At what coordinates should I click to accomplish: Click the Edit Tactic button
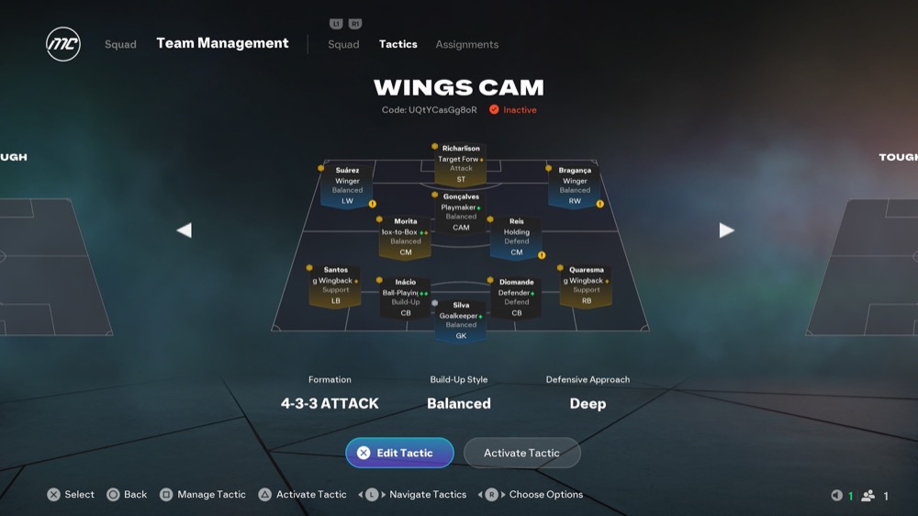coord(399,453)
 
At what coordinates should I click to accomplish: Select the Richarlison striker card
coord(461,163)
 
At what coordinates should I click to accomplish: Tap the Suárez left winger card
coord(347,185)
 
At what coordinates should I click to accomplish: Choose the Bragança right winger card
coord(575,185)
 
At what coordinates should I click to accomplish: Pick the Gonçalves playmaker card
coord(461,212)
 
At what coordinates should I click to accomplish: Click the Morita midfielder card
coord(405,237)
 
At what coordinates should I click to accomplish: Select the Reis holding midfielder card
coord(517,237)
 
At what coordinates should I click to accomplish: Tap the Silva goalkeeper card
coord(461,320)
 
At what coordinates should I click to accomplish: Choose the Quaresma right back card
coord(586,286)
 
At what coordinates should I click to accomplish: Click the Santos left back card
coord(335,286)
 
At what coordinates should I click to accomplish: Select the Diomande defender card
coord(516,297)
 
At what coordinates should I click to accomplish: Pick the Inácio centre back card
coord(405,297)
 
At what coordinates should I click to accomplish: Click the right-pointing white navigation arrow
coord(727,230)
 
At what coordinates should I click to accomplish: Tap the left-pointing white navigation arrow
coord(184,230)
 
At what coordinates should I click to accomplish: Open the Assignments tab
coord(466,44)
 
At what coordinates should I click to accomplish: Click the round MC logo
coord(63,44)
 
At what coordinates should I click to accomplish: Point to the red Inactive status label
coord(519,110)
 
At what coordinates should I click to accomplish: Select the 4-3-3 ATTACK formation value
coord(330,403)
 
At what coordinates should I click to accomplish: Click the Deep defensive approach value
coord(588,403)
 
